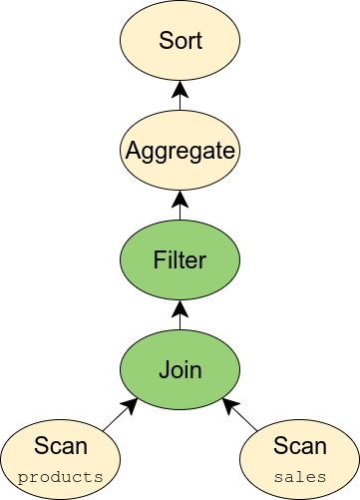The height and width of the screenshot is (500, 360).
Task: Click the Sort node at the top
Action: click(x=180, y=42)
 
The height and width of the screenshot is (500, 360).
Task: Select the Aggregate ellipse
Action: click(x=180, y=152)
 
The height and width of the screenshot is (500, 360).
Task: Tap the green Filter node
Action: click(x=180, y=261)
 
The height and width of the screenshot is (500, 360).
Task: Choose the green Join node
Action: click(x=180, y=370)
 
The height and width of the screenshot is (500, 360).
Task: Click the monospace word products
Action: click(x=61, y=476)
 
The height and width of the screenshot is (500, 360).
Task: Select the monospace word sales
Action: click(x=299, y=476)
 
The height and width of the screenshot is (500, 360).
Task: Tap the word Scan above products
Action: click(x=61, y=446)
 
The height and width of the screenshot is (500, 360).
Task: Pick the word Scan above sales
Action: click(x=299, y=446)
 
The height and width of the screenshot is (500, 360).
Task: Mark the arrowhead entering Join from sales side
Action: click(x=230, y=405)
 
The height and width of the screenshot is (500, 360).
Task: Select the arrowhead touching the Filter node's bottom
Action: click(x=180, y=307)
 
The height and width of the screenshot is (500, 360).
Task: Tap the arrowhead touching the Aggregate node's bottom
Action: click(x=180, y=198)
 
